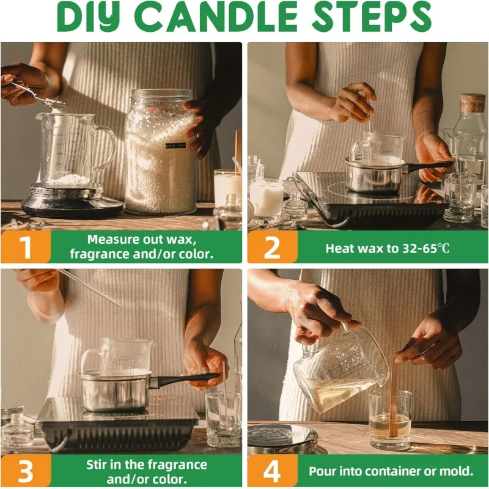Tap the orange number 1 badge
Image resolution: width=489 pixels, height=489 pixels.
tap(26, 247)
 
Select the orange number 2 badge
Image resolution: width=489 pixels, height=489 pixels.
tap(272, 247)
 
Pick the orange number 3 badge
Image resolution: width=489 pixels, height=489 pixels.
tap(26, 471)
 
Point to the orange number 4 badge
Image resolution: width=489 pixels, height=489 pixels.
tap(272, 471)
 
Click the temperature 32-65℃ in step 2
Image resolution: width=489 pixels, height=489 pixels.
tap(426, 249)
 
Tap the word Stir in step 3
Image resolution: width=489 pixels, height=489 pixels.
tap(97, 465)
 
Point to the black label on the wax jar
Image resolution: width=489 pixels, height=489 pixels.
tap(175, 145)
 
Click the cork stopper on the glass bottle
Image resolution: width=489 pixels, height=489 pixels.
tap(473, 103)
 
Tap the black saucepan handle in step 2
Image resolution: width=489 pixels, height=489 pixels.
tap(429, 166)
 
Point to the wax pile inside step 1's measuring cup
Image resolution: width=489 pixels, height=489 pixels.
tap(69, 180)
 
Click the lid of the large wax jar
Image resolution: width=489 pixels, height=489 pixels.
tap(161, 94)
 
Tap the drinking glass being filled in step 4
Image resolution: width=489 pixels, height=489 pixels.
tap(390, 419)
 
